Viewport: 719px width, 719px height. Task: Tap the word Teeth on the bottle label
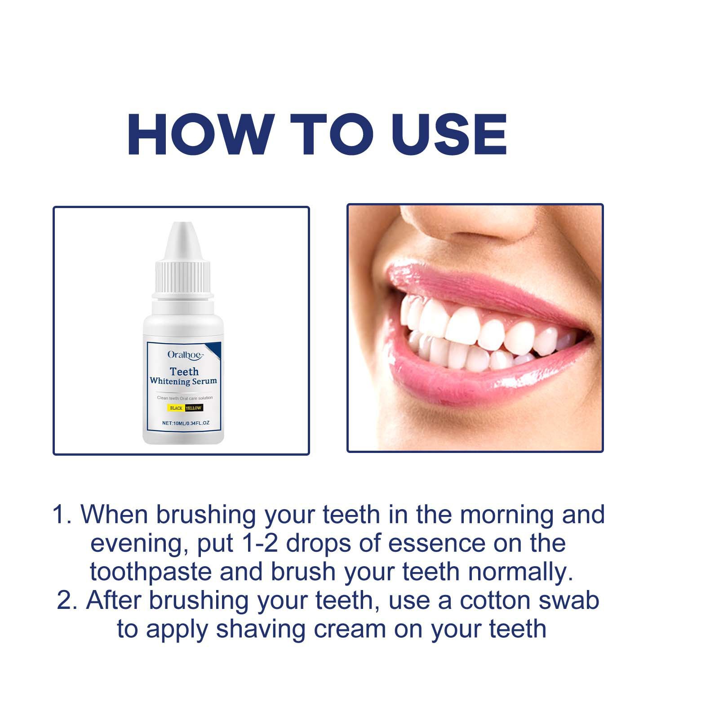coord(184,372)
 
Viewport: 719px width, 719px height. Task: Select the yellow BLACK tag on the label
coord(176,408)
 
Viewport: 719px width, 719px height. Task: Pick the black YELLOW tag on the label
coord(193,408)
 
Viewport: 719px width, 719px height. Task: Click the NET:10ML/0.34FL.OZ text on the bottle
coord(186,423)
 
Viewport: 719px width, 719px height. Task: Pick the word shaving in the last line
coord(261,629)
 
